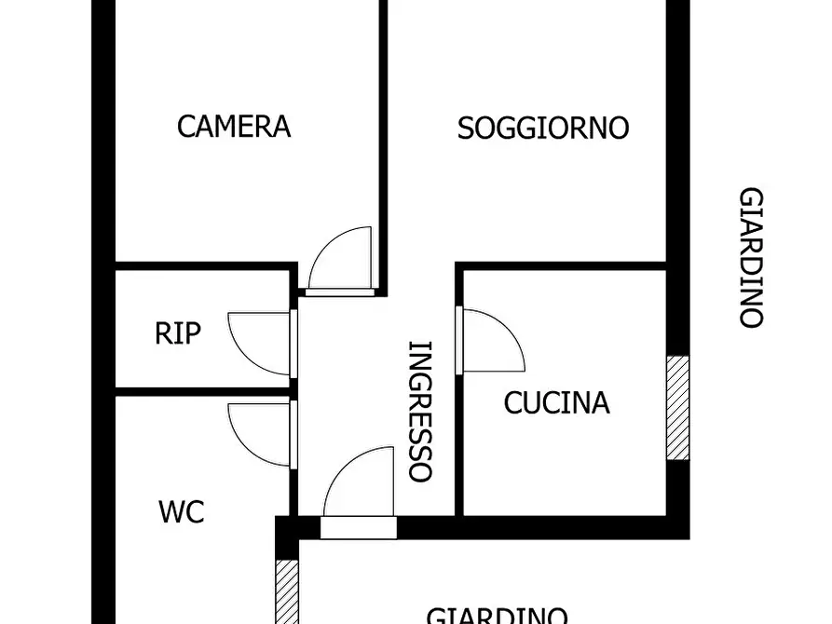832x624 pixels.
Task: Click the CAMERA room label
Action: [x=234, y=126]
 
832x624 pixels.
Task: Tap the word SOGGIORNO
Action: [x=542, y=128]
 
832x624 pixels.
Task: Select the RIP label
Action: [x=177, y=332]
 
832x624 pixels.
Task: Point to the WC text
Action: [x=181, y=511]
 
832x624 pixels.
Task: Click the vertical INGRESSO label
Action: [x=421, y=411]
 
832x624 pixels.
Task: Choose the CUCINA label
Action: [x=556, y=402]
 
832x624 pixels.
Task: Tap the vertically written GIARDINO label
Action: [x=751, y=258]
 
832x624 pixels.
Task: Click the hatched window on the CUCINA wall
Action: [x=677, y=408]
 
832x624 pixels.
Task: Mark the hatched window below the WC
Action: [x=286, y=591]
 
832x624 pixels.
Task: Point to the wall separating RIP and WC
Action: [x=200, y=391]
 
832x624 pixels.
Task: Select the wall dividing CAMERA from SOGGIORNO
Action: [x=382, y=140]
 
